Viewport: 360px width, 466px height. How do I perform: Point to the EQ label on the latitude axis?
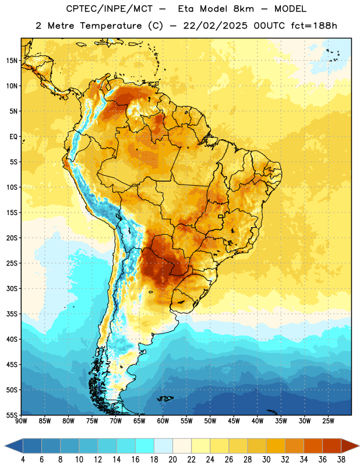(x=13, y=137)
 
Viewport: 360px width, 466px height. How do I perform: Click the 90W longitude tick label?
(x=21, y=421)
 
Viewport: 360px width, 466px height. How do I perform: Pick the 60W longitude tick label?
(x=163, y=421)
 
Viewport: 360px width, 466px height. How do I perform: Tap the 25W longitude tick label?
(x=328, y=421)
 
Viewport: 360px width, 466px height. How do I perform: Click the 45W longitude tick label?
(x=234, y=421)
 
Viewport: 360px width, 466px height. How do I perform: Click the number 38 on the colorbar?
(x=341, y=460)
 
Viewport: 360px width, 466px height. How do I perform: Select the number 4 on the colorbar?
(x=23, y=460)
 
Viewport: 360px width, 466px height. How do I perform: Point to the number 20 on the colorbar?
(x=172, y=460)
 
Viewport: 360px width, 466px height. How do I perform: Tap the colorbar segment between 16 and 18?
(x=145, y=446)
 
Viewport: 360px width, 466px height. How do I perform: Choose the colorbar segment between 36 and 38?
(x=332, y=446)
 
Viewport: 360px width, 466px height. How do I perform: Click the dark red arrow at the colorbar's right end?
(x=350, y=446)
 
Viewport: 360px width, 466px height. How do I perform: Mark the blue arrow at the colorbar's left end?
(x=14, y=446)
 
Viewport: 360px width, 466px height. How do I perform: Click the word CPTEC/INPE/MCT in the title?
(x=110, y=9)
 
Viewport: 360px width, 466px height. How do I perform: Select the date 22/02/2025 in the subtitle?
(x=215, y=26)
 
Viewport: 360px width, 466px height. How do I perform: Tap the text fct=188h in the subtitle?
(x=314, y=26)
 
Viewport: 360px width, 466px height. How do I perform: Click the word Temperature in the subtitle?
(x=111, y=26)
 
